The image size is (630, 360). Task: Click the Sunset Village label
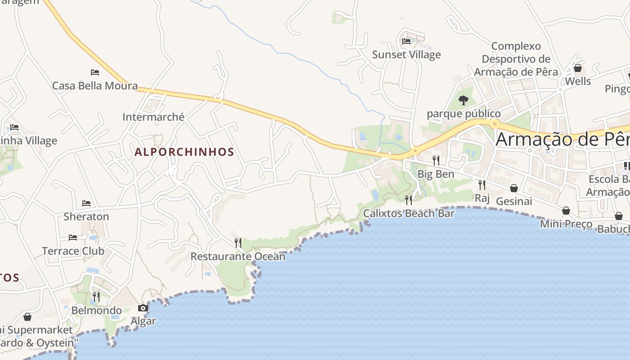point(406,55)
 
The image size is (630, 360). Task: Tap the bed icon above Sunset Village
point(406,41)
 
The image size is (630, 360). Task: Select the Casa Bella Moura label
point(95,85)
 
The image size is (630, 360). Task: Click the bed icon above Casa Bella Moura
point(94,72)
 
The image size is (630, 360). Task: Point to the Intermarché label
point(153,117)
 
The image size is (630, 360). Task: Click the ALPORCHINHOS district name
point(184,152)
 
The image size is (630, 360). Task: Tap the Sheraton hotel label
point(86,216)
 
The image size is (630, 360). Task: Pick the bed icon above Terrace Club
point(73,237)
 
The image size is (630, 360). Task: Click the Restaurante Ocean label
point(238,256)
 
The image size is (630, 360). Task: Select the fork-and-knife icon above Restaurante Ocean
point(238,243)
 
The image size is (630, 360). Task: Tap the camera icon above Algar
point(143,308)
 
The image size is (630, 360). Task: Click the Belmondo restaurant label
point(96,310)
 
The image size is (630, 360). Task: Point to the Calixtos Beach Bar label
point(409,213)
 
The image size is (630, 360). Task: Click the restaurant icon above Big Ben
point(436,160)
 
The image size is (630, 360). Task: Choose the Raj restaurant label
point(482,198)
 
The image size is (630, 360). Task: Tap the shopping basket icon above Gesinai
point(514,188)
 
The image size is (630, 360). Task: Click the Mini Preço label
point(566,224)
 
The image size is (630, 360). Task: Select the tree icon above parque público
point(463,100)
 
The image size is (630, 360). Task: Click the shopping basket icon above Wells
point(578,68)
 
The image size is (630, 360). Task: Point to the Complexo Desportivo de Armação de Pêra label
point(516,59)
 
